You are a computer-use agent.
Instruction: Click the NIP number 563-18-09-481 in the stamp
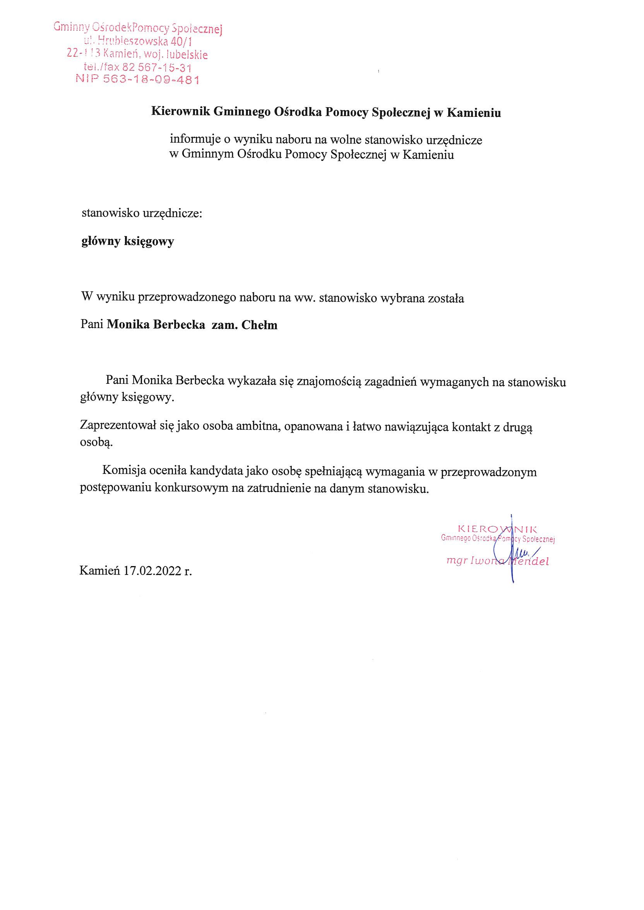point(151,79)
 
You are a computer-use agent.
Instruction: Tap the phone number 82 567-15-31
point(157,67)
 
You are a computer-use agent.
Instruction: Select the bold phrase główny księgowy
point(128,241)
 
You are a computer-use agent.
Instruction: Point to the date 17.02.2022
point(152,571)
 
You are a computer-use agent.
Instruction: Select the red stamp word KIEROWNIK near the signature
point(497,529)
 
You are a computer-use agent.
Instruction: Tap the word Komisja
point(125,472)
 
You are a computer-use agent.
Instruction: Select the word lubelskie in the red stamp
point(186,54)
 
